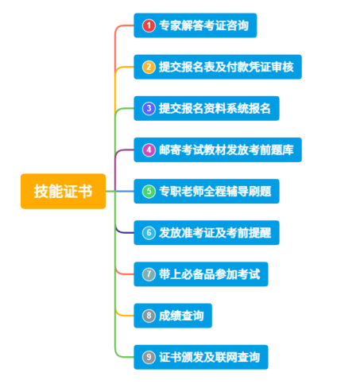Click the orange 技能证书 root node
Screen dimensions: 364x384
click(63, 191)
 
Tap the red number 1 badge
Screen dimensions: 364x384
click(149, 25)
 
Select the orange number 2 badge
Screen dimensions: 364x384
click(149, 67)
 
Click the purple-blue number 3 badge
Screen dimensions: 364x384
click(149, 108)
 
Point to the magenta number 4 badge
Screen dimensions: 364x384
click(149, 149)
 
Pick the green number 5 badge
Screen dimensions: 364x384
click(149, 192)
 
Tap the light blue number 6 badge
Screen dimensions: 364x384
click(149, 233)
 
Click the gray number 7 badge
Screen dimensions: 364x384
click(149, 274)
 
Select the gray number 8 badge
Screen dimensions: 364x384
click(149, 316)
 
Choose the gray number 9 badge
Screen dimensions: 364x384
click(149, 357)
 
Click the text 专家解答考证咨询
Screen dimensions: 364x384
click(203, 25)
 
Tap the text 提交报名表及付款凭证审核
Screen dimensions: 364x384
click(227, 67)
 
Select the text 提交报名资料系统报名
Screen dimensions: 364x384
click(215, 108)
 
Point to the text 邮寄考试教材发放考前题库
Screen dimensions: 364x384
click(227, 149)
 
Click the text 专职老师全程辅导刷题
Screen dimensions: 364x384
click(215, 192)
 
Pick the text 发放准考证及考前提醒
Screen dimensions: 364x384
click(215, 233)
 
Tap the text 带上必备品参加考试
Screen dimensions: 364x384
click(209, 274)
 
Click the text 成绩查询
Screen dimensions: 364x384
click(181, 316)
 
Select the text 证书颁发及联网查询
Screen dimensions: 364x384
click(209, 357)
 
